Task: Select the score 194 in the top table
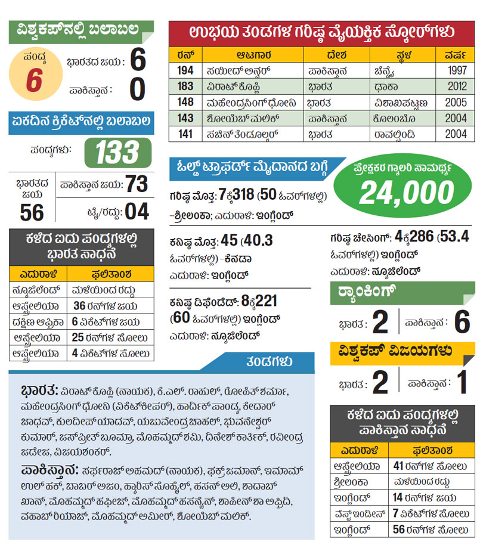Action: click(x=185, y=70)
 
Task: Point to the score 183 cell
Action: click(x=185, y=86)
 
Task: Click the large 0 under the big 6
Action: click(x=137, y=90)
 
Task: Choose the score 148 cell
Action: click(x=185, y=102)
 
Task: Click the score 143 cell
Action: click(x=185, y=118)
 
